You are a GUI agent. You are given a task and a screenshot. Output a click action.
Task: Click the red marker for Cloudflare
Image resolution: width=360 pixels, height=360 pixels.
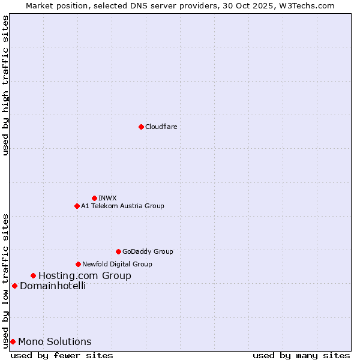(x=141, y=127)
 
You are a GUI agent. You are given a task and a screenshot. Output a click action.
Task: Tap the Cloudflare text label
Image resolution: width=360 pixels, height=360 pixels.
(x=161, y=127)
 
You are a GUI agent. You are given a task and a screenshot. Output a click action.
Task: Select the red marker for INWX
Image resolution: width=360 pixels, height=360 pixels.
(x=94, y=198)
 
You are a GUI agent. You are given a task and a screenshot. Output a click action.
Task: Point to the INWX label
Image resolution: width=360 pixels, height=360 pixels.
(x=107, y=198)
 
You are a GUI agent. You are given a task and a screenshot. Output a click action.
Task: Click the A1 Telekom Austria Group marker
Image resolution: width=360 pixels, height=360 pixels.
(x=77, y=206)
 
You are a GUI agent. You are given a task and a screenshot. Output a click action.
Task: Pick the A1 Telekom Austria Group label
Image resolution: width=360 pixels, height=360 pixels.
(x=122, y=206)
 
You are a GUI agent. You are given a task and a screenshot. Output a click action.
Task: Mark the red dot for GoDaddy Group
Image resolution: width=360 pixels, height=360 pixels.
(x=118, y=251)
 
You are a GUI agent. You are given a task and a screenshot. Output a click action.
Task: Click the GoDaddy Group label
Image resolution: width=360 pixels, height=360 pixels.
(x=148, y=251)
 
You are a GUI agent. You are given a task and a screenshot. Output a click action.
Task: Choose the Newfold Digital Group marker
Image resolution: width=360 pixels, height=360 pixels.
(x=78, y=264)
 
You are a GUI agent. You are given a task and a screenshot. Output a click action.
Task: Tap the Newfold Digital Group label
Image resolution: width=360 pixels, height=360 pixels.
(x=117, y=264)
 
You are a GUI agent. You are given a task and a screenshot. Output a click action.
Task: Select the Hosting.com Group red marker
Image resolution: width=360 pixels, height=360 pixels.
(x=33, y=275)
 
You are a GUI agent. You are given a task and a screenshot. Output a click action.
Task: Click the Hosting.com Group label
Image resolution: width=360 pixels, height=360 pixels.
(x=85, y=276)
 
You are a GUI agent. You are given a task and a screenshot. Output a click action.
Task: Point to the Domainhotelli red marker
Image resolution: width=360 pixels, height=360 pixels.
(x=14, y=286)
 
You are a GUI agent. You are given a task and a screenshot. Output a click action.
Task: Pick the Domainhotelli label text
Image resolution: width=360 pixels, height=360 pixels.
(x=53, y=286)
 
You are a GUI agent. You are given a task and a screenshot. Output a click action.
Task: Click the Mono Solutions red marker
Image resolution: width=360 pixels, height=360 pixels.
(x=13, y=341)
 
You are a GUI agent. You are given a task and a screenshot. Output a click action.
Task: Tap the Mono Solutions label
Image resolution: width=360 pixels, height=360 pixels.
(x=55, y=342)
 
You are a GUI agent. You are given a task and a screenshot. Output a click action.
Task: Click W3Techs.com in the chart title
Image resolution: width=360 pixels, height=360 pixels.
(x=310, y=5)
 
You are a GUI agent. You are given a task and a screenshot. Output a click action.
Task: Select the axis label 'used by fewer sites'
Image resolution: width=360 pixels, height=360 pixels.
(x=62, y=355)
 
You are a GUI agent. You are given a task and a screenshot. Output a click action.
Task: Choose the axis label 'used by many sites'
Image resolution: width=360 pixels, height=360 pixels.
(x=301, y=355)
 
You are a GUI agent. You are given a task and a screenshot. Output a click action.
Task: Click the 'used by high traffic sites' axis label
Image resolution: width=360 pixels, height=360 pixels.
(x=5, y=85)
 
